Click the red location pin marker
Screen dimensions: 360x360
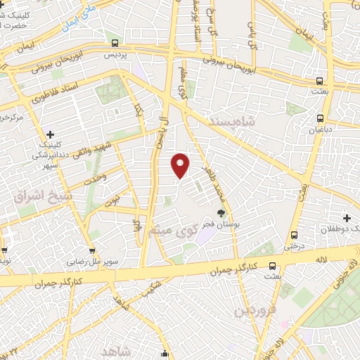181,165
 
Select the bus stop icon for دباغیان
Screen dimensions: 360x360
321,118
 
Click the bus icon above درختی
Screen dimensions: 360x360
294,236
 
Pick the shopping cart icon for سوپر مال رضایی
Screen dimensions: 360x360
91,251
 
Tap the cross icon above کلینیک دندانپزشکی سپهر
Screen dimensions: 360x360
50,134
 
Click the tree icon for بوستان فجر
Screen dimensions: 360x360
221,213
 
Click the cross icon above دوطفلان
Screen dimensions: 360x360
347,218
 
